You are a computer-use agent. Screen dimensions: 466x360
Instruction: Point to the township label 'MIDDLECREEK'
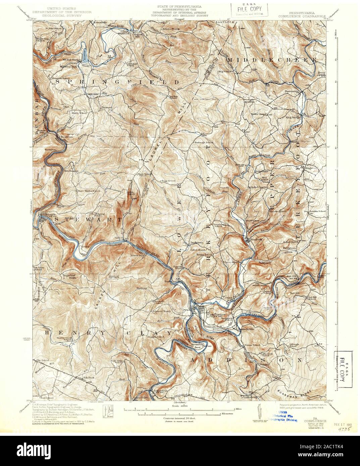(x=272, y=59)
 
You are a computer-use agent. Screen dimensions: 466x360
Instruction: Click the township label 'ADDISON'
(x=247, y=360)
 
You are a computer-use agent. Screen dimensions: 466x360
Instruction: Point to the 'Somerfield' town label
(x=161, y=391)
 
